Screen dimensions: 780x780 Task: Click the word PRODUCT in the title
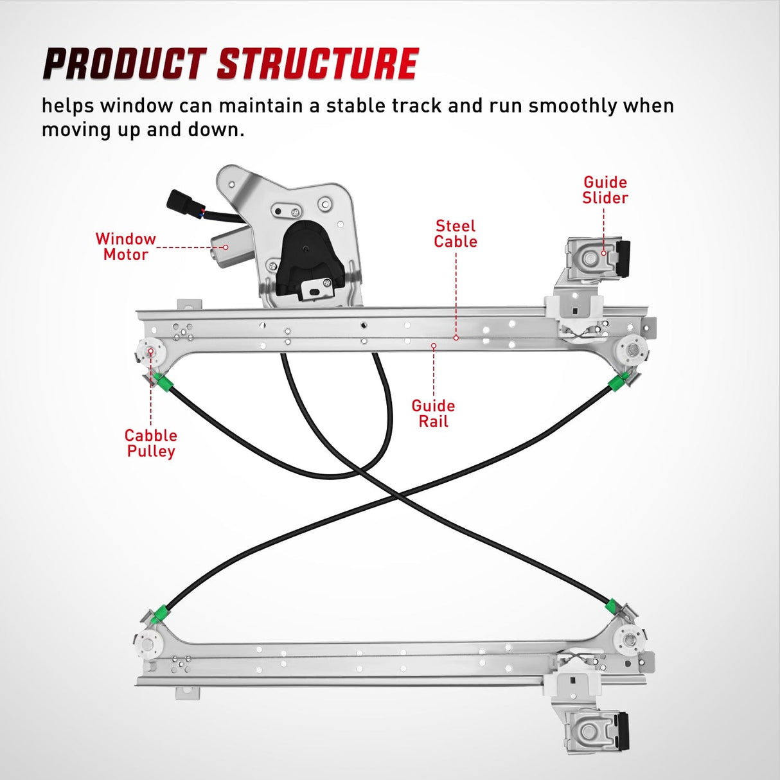123,64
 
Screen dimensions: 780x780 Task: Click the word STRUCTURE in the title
318,64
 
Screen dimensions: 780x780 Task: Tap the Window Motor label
126,247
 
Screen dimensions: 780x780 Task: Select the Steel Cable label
456,234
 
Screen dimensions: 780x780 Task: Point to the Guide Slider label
605,190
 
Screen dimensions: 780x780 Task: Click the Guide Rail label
433,414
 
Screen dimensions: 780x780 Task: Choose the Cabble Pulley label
150,443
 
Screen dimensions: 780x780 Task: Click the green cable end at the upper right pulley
616,383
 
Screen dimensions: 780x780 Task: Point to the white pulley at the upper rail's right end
632,351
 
